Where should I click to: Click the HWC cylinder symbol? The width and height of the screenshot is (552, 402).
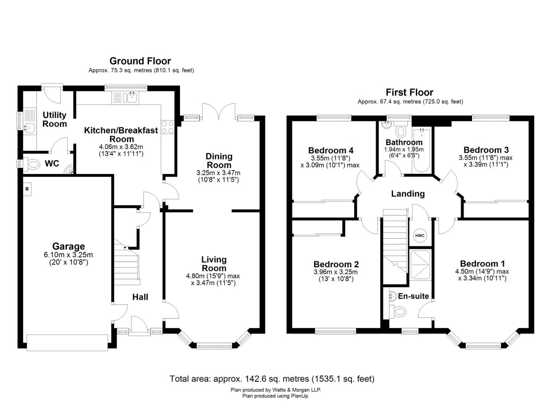[x=420, y=235]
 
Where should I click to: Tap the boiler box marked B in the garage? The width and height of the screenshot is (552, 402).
[x=28, y=189]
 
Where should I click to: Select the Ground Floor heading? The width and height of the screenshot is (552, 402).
[x=140, y=61]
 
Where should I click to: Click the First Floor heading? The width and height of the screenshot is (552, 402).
[x=409, y=92]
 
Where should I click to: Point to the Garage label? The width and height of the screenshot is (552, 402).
[x=68, y=246]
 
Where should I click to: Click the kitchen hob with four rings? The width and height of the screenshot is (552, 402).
[x=168, y=127]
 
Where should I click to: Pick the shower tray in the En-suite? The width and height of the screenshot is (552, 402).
[x=420, y=265]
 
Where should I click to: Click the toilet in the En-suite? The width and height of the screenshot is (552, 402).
[x=397, y=311]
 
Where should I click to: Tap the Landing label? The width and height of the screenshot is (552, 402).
[x=408, y=194]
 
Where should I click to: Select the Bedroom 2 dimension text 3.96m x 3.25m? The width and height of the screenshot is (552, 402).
[x=336, y=272]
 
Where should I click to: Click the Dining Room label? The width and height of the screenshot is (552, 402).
[x=219, y=160]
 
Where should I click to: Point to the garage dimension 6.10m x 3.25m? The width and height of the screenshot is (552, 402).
[x=68, y=255]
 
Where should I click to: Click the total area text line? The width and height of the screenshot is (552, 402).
[x=272, y=379]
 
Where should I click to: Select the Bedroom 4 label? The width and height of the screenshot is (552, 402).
[x=331, y=150]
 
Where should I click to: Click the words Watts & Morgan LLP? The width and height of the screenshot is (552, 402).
[x=297, y=390]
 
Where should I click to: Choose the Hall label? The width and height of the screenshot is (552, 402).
[x=140, y=297]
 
